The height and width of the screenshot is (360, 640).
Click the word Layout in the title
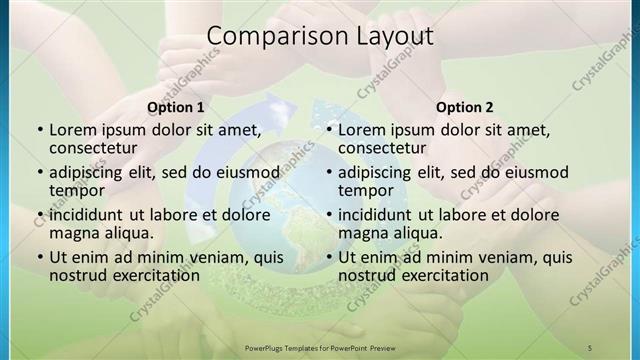pyautogui.click(x=392, y=37)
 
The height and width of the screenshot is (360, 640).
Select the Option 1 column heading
pyautogui.click(x=175, y=107)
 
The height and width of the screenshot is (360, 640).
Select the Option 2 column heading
pyautogui.click(x=464, y=107)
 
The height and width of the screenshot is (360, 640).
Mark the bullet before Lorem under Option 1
pyautogui.click(x=39, y=130)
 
